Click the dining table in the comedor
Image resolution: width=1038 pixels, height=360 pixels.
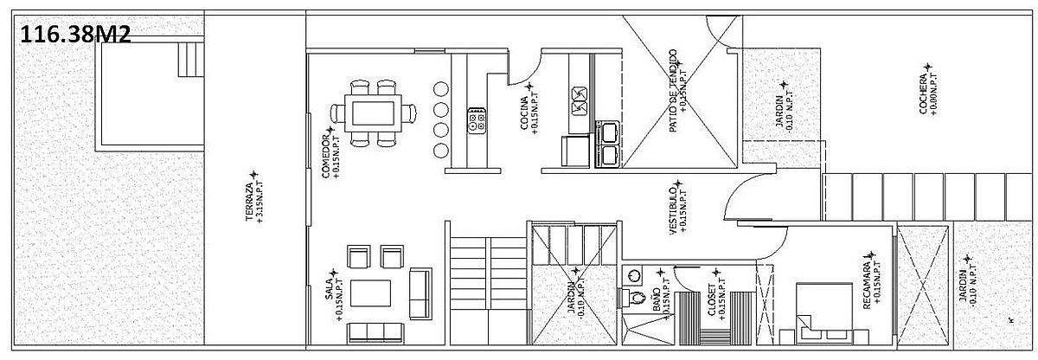(x=373, y=113)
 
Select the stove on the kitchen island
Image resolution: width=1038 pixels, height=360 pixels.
(x=477, y=120)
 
